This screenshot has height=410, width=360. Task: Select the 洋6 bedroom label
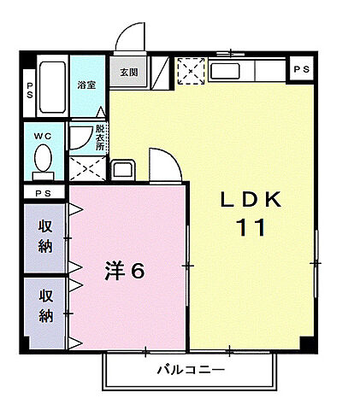coord(124,271)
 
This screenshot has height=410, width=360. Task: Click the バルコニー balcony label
coord(191,371)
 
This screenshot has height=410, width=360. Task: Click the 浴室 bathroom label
coord(86,85)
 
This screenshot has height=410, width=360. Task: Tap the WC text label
coord(43,135)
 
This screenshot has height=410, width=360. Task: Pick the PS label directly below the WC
coord(43,194)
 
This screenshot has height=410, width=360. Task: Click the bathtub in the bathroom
coord(52,88)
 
